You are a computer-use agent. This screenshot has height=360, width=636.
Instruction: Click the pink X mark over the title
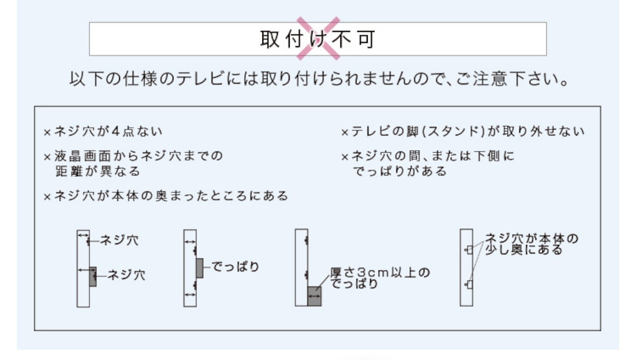(x=318, y=38)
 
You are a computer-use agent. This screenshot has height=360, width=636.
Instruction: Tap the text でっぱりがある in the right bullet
(x=399, y=172)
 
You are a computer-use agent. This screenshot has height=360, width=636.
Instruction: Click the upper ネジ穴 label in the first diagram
(x=119, y=241)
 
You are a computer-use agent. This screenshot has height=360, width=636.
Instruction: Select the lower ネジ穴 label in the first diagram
(x=126, y=274)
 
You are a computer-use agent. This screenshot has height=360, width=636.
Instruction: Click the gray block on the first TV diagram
(x=93, y=276)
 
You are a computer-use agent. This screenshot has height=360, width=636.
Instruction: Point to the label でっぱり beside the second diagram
(x=236, y=267)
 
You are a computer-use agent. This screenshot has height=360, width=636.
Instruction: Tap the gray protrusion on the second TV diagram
(x=200, y=268)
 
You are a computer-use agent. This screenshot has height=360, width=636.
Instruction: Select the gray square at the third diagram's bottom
(x=315, y=296)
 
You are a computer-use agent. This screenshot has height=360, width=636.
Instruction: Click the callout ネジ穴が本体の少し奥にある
(x=531, y=244)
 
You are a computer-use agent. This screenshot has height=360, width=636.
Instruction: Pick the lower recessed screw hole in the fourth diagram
(x=468, y=284)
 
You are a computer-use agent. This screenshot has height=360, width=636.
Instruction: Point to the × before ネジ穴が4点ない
(x=48, y=133)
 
